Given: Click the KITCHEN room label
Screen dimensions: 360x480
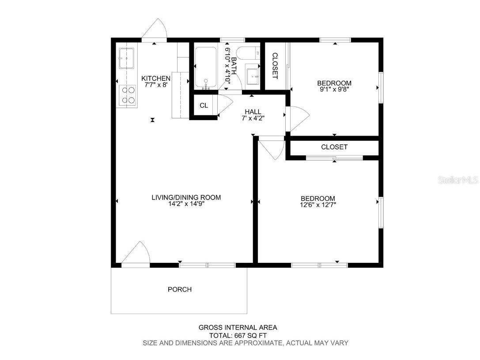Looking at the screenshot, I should (x=155, y=78).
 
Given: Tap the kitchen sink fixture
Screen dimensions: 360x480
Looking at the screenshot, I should (x=126, y=58).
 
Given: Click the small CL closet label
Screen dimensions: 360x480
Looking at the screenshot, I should (x=204, y=106).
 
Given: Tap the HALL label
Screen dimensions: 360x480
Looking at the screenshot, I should (x=253, y=112).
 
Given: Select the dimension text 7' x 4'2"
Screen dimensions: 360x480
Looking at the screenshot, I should (x=253, y=118).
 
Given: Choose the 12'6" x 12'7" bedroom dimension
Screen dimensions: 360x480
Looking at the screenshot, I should (x=318, y=205).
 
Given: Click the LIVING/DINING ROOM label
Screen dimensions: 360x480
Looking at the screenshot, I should (x=186, y=197).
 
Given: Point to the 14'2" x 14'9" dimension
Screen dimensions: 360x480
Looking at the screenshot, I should (x=186, y=204).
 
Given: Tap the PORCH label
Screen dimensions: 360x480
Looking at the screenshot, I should (x=180, y=290).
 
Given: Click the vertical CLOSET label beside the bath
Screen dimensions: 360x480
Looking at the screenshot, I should (x=275, y=66).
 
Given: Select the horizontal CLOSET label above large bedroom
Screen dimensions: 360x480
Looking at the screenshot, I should (x=334, y=147).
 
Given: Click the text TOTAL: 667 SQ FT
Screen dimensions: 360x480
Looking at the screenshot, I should (x=238, y=335).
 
